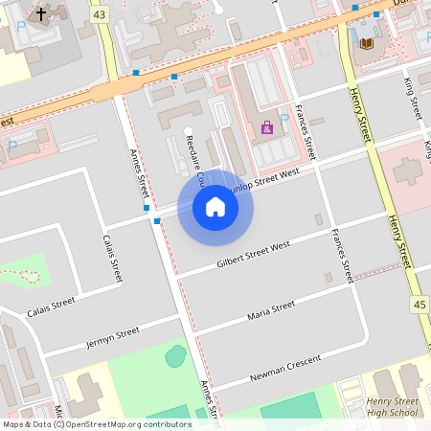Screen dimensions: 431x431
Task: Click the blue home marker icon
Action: pos(215,207)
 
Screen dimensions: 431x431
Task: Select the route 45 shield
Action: pos(420,305)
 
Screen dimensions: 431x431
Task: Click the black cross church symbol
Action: pos(41,14)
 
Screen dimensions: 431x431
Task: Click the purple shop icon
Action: pos(267,126)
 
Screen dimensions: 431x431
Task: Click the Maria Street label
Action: pos(271,309)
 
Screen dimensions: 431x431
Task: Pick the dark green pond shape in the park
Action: pos(175,356)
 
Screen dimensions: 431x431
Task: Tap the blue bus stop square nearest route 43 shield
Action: pos(137,73)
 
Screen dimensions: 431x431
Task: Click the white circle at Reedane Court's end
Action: pos(188,130)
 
